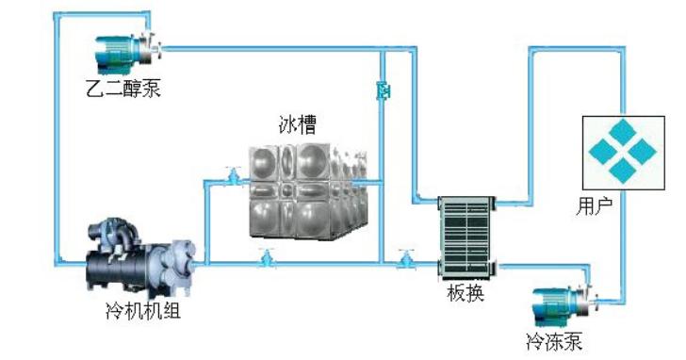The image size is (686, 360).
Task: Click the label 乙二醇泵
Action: [x=123, y=88]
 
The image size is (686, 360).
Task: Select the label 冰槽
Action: [x=298, y=123]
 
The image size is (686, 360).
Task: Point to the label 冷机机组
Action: [x=143, y=311]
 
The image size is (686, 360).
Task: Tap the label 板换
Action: [x=465, y=293]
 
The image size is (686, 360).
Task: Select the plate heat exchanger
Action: [x=466, y=237]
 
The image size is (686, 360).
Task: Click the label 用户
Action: [x=594, y=205]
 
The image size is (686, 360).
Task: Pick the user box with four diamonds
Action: [x=624, y=153]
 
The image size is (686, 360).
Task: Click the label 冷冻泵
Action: [x=554, y=341]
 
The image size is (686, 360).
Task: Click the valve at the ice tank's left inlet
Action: [x=233, y=175]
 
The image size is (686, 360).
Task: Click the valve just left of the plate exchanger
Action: [x=406, y=258]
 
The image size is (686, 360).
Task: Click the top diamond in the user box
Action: [x=623, y=131]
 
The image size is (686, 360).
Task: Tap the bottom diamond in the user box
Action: [x=623, y=172]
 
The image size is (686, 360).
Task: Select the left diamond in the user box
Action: [x=603, y=152]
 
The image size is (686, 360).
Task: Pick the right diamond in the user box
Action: [x=643, y=152]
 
